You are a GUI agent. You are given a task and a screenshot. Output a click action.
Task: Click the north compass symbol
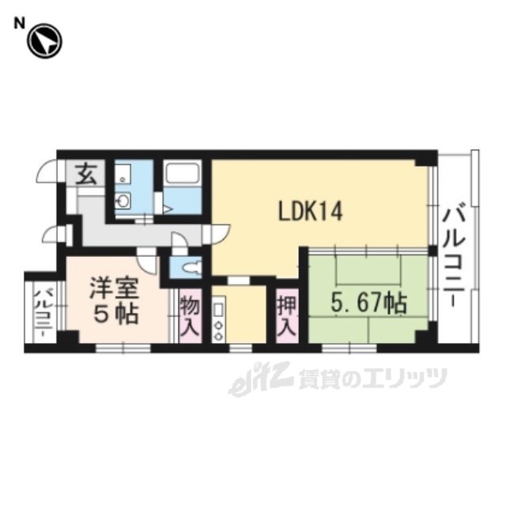click(44, 41)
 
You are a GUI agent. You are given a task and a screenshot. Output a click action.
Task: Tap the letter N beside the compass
click(19, 24)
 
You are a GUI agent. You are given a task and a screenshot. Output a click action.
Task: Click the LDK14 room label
click(310, 211)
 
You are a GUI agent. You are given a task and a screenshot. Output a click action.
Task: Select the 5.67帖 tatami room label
click(369, 304)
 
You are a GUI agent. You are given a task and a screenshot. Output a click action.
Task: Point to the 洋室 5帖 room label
click(115, 300)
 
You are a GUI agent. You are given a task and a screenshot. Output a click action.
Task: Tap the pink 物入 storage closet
click(191, 316)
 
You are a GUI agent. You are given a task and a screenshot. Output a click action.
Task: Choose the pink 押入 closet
click(287, 316)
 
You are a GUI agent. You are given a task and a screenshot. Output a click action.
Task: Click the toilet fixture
click(191, 267)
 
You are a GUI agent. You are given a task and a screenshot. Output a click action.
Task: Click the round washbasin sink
click(123, 201)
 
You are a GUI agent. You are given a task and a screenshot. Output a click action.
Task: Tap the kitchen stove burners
click(218, 330)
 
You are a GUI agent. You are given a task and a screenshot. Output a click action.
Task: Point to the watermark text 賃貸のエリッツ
click(372, 378)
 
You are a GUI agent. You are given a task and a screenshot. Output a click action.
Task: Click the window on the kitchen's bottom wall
click(240, 348)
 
